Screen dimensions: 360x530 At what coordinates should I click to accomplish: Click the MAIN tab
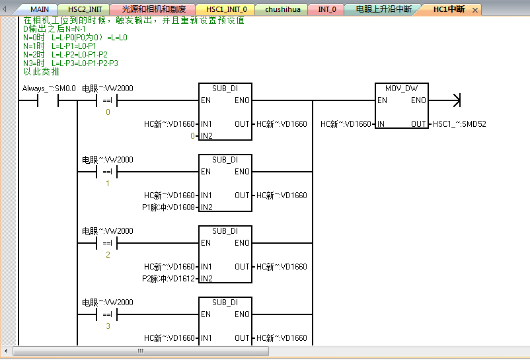coord(40,10)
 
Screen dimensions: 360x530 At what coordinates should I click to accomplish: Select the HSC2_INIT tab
coord(85,10)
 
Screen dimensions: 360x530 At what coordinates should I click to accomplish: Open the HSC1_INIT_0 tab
coord(226,10)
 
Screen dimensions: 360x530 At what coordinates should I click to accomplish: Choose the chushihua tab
coord(284,10)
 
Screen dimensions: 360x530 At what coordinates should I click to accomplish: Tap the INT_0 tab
coord(327,10)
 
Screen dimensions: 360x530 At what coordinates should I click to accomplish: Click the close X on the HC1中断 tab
coord(475,11)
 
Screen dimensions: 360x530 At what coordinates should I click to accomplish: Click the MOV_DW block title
coord(402,89)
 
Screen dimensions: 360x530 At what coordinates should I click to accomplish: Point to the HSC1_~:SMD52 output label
coord(459,124)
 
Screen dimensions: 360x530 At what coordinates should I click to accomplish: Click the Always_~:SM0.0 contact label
coord(49,89)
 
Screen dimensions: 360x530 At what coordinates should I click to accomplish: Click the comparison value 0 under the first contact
coord(108,112)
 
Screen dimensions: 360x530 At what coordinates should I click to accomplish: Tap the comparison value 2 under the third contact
coord(108,255)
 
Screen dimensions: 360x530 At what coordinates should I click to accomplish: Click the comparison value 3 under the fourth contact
coord(108,326)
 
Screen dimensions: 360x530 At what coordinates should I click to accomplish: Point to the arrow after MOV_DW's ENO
coord(454,100)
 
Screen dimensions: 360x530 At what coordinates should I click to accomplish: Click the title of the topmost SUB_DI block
coord(225,89)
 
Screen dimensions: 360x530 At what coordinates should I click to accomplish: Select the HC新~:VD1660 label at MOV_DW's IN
coord(346,124)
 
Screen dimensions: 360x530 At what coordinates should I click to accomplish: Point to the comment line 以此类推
coord(41,71)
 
